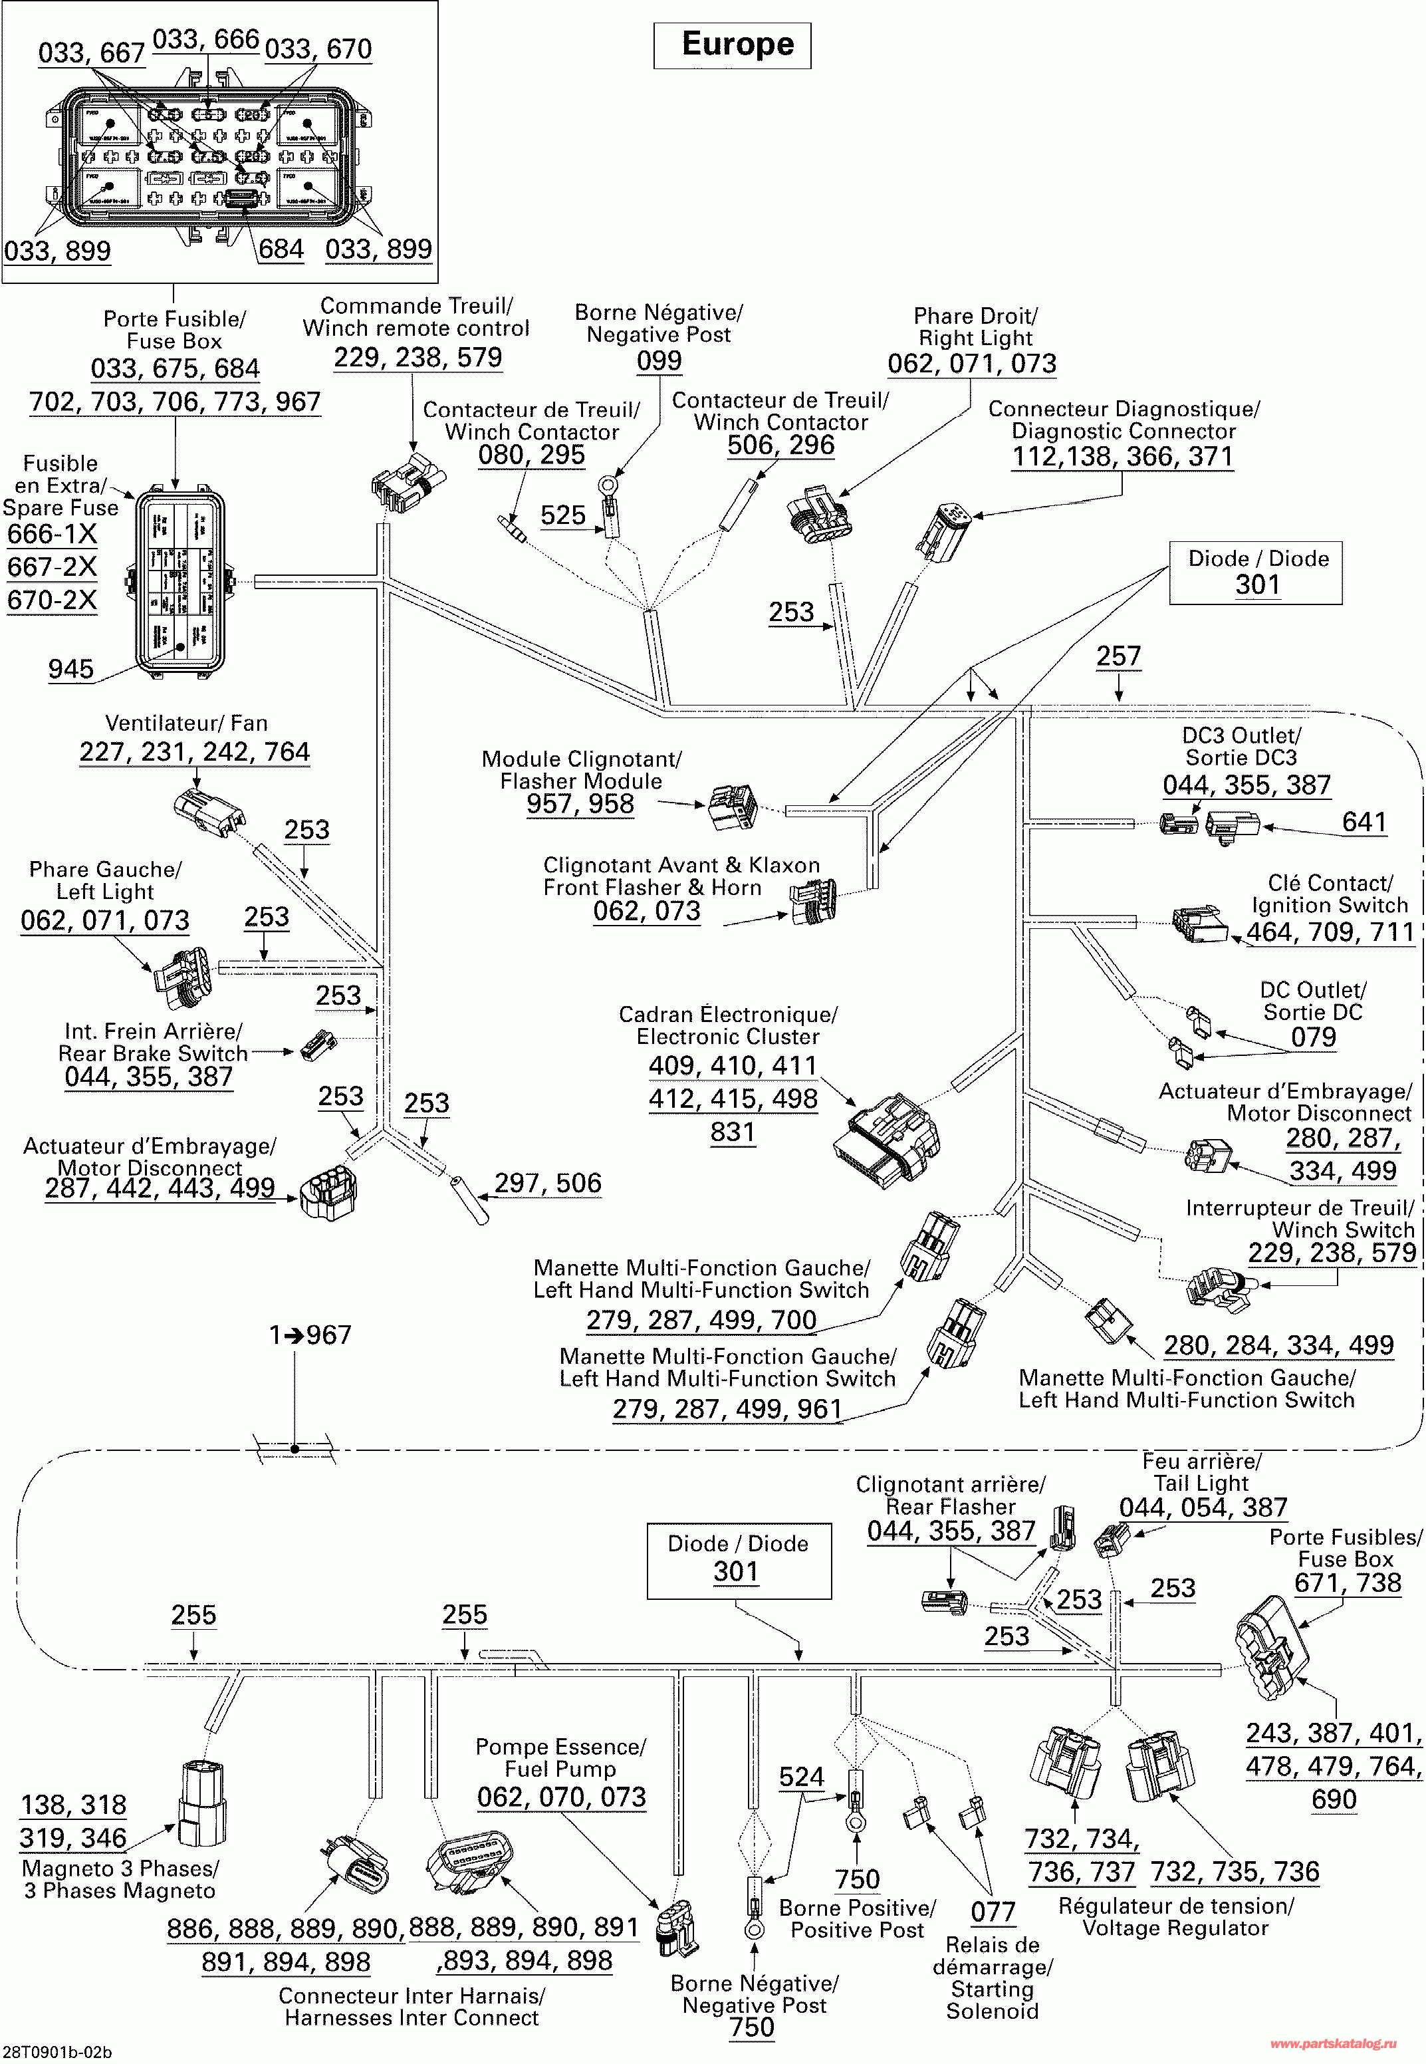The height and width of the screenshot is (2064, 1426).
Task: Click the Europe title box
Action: pyautogui.click(x=733, y=45)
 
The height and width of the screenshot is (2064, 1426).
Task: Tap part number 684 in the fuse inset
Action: pyautogui.click(x=281, y=249)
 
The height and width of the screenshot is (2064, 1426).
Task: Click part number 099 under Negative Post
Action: pyautogui.click(x=659, y=360)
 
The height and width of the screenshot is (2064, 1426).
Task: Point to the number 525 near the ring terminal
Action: pyautogui.click(x=563, y=515)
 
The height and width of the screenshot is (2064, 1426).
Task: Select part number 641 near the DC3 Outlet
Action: pyautogui.click(x=1364, y=822)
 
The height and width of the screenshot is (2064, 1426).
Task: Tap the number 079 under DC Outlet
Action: pyautogui.click(x=1314, y=1037)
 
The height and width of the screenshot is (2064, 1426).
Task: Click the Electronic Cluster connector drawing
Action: pyautogui.click(x=886, y=1138)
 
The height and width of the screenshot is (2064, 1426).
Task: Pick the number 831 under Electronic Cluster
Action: pyautogui.click(x=733, y=1132)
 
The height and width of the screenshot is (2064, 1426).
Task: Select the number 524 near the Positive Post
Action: pyautogui.click(x=802, y=1777)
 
